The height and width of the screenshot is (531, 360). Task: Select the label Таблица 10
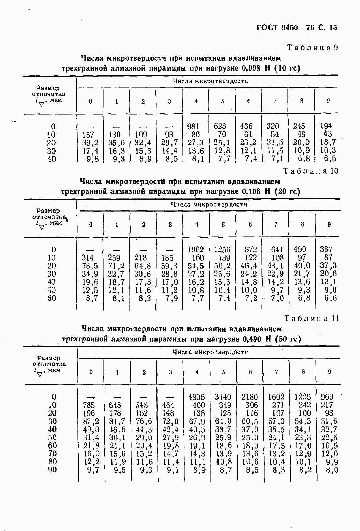coord(311,171)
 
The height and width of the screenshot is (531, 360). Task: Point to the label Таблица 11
coord(312,319)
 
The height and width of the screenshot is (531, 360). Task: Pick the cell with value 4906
coord(196,397)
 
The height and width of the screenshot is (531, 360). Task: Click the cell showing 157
coord(88,135)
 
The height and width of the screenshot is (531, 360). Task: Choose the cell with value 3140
coord(223,397)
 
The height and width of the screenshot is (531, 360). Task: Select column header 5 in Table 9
coord(222,101)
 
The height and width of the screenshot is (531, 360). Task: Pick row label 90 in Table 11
coord(52,470)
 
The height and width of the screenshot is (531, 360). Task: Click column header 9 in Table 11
coord(329,372)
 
